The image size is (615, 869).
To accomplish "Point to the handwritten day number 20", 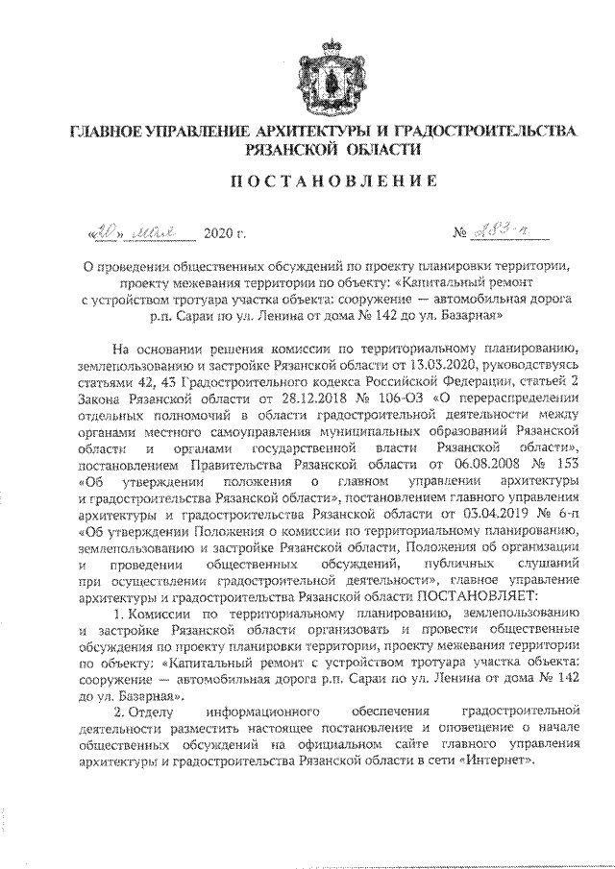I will (104, 232).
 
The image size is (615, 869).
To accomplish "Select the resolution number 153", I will (564, 465).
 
